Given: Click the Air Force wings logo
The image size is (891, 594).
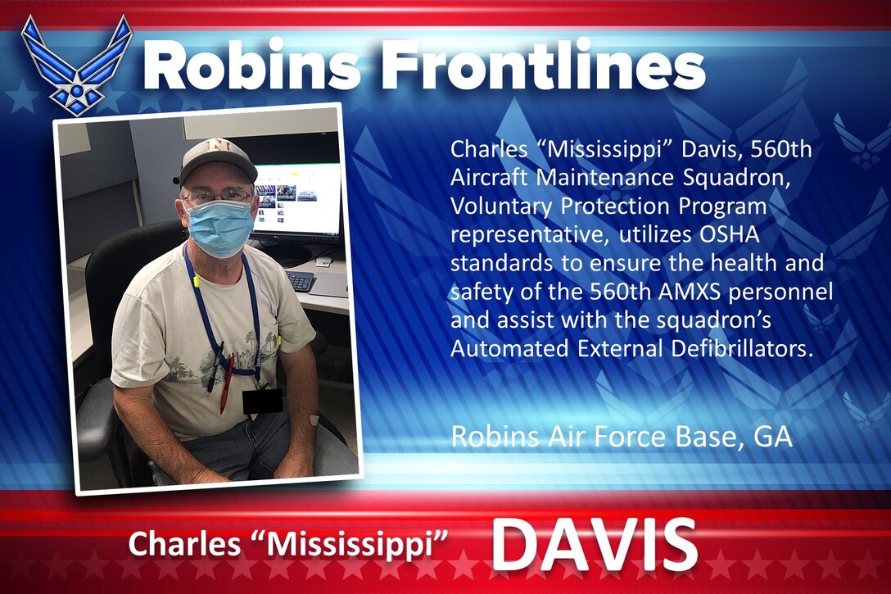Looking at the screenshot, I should [x=76, y=63].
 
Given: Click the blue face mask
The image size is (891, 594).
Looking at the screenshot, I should [x=219, y=227].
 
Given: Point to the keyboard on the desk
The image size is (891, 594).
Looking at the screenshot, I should [x=300, y=280].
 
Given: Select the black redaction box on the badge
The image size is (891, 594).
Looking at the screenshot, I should [x=262, y=401].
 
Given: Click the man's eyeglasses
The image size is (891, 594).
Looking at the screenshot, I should [x=218, y=196].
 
